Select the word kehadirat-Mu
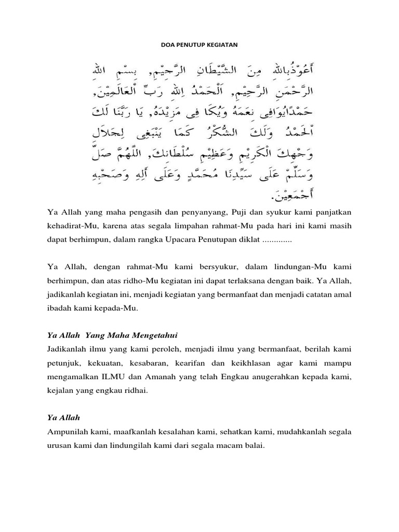[69, 227]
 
